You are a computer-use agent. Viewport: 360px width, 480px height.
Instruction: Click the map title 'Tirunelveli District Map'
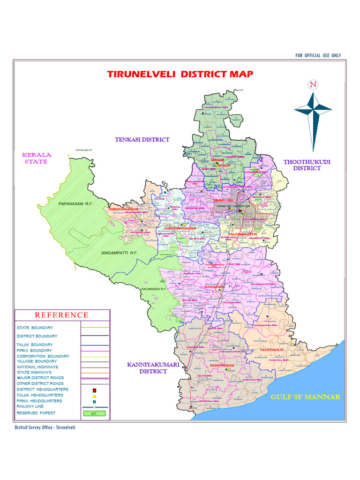click(180, 74)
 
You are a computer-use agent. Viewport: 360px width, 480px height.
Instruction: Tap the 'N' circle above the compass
click(313, 85)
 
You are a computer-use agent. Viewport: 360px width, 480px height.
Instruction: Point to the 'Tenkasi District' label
click(142, 139)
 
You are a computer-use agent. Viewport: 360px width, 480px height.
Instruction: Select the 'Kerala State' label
click(37, 158)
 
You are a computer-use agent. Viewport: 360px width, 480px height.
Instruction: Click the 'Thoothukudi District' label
click(307, 165)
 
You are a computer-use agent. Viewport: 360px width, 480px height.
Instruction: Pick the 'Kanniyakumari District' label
click(147, 368)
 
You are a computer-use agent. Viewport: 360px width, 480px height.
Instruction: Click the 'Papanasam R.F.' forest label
click(76, 204)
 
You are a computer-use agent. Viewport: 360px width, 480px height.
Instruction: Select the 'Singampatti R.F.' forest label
click(119, 253)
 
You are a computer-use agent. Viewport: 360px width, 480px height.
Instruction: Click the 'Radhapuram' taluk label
click(222, 365)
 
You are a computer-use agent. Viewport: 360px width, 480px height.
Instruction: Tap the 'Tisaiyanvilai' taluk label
click(269, 350)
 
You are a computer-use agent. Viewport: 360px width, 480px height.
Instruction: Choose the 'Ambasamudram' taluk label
click(123, 209)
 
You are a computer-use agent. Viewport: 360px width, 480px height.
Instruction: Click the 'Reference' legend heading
click(62, 315)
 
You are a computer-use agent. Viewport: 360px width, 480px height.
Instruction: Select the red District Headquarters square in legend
click(94, 390)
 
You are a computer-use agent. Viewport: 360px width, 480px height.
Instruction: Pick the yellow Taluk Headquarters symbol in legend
click(94, 396)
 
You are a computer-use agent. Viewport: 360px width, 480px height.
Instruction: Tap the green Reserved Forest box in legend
click(94, 413)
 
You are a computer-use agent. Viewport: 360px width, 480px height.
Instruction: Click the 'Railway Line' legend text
click(30, 406)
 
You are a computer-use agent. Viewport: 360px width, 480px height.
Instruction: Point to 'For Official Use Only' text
click(318, 55)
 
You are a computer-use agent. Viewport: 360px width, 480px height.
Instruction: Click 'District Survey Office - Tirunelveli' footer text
click(45, 427)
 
